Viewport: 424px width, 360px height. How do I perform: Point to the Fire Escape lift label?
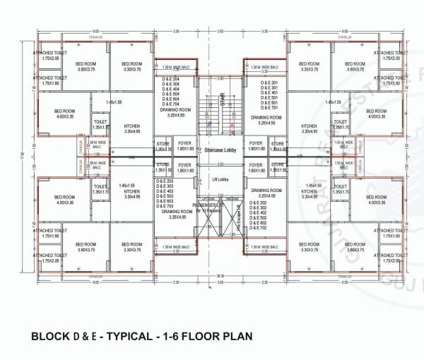pyautogui.click(x=238, y=212)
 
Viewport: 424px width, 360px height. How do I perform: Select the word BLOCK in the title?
pyautogui.click(x=49, y=337)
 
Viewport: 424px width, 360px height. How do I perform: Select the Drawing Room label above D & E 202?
pyautogui.click(x=266, y=191)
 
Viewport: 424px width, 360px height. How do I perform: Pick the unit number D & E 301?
pyautogui.click(x=269, y=88)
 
